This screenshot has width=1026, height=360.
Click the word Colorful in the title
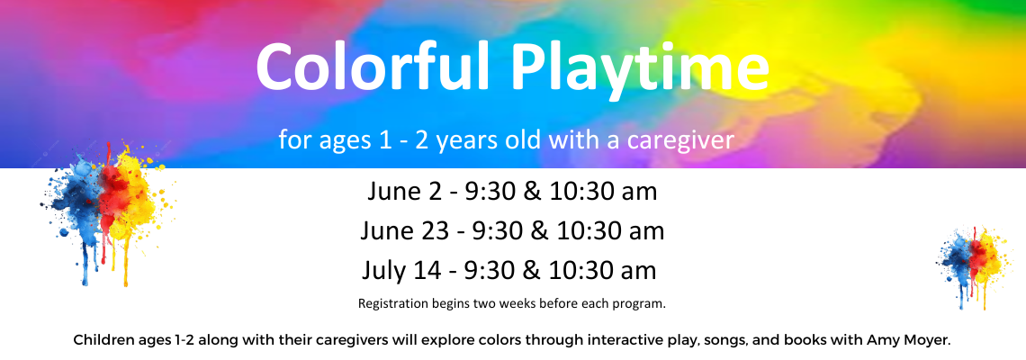(x=373, y=67)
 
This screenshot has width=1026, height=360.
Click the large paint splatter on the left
(x=109, y=212)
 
